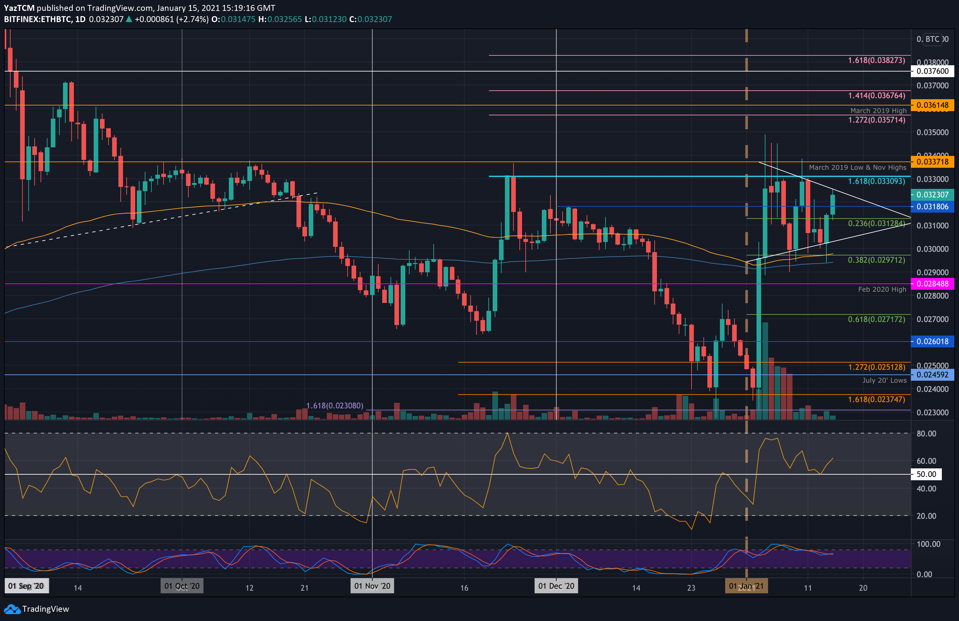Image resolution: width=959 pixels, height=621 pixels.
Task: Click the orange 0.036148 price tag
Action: click(x=932, y=105)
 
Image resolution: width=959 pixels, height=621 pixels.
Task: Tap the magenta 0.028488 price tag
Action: click(x=932, y=283)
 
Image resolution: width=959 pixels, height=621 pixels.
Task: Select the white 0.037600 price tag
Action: click(x=932, y=71)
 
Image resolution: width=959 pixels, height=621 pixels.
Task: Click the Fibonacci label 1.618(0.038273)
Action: click(x=877, y=60)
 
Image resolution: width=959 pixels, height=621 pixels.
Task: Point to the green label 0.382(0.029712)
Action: click(x=877, y=260)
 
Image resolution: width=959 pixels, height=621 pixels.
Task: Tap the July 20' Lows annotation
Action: click(x=884, y=380)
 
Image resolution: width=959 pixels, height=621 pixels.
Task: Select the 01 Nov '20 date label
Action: click(x=372, y=586)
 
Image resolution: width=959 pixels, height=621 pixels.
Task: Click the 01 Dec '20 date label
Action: click(x=556, y=586)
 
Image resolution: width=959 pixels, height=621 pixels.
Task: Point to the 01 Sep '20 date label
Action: click(x=26, y=586)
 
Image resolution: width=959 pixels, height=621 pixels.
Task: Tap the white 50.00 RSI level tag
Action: click(x=926, y=474)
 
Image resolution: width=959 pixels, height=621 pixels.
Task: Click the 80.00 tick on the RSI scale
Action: click(x=926, y=434)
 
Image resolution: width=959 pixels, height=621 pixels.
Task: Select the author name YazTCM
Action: click(x=19, y=8)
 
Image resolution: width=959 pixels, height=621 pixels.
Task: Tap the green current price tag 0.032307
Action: click(x=932, y=194)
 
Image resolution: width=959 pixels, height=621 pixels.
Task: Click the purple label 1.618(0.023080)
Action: click(x=334, y=405)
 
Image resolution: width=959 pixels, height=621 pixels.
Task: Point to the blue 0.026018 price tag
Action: click(x=932, y=341)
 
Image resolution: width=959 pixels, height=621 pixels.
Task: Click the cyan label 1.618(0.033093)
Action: click(x=877, y=181)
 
